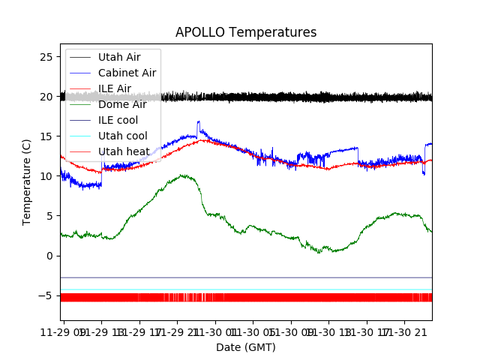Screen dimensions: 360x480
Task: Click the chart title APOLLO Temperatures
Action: (246, 32)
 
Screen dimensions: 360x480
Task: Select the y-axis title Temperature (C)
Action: (27, 182)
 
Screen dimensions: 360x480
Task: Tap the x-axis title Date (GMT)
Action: (246, 347)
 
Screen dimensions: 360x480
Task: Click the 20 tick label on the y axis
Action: (46, 97)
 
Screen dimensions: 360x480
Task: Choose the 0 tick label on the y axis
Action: (50, 256)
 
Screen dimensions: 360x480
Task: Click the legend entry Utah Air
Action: (119, 57)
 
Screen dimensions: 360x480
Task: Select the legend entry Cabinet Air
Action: (127, 73)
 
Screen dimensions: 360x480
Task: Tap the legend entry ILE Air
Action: (115, 88)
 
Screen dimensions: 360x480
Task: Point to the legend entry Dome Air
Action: (122, 104)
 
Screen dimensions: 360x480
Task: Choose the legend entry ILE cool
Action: (118, 120)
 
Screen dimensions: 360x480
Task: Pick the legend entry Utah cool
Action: (122, 136)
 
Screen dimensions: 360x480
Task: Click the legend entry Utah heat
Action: (122, 151)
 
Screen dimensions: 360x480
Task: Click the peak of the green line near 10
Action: (183, 175)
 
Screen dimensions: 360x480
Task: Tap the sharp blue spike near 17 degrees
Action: (198, 121)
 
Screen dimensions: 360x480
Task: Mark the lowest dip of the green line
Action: (319, 252)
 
